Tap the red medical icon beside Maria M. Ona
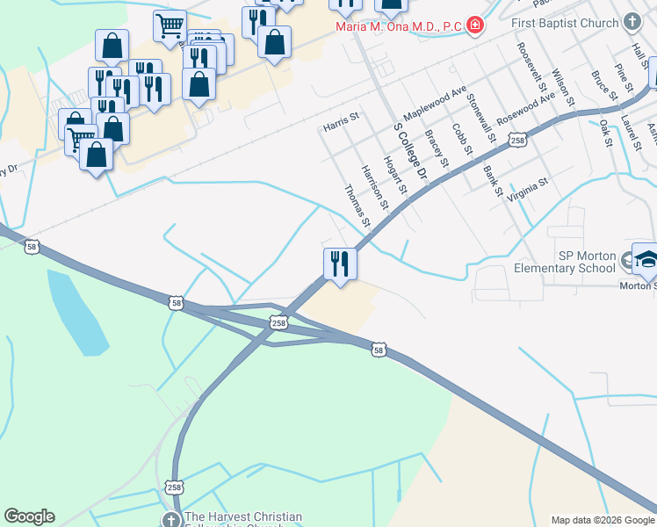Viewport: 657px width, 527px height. pyautogui.click(x=475, y=25)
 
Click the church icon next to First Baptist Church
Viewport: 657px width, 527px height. pyautogui.click(x=632, y=21)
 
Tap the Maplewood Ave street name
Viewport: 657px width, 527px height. pyautogui.click(x=436, y=105)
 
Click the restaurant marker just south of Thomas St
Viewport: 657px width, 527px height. pyautogui.click(x=339, y=263)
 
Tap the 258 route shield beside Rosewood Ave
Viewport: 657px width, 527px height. pyautogui.click(x=518, y=141)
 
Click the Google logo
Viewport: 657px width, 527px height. pyautogui.click(x=28, y=516)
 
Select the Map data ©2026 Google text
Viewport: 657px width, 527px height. pyautogui.click(x=603, y=520)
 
